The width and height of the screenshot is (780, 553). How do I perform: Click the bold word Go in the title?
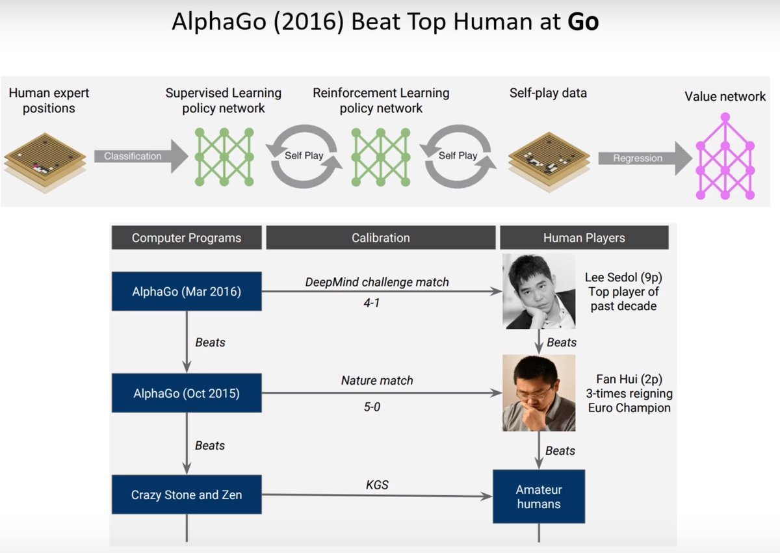tap(583, 22)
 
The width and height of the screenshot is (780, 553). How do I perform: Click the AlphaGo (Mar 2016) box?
tap(187, 292)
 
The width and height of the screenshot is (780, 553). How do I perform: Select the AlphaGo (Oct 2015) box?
tap(187, 393)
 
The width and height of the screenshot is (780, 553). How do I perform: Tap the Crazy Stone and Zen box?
tap(187, 495)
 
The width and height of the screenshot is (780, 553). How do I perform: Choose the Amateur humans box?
tap(538, 496)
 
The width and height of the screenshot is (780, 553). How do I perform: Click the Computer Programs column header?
tap(187, 238)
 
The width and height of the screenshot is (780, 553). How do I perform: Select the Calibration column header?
tap(380, 238)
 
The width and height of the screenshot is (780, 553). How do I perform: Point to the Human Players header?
tap(584, 238)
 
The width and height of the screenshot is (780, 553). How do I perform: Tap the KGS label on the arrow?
tap(377, 485)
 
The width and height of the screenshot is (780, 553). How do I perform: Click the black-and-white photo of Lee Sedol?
tap(538, 291)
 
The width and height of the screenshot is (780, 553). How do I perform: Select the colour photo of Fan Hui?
tap(538, 393)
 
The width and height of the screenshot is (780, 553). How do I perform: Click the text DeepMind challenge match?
tap(377, 282)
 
